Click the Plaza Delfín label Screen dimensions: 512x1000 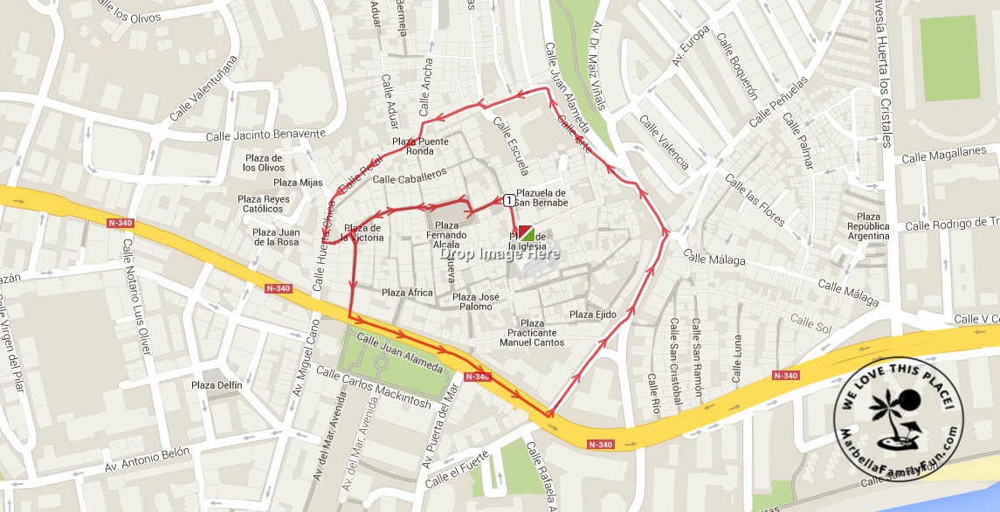coord(217,384)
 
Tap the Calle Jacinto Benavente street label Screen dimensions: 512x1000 coord(266,135)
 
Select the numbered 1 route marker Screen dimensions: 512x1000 coord(507,200)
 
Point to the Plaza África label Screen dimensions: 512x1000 coord(407,293)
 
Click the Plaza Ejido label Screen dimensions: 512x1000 coord(593,315)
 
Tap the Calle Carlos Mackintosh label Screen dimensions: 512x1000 coord(374,388)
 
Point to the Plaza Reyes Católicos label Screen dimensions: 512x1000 coord(264,204)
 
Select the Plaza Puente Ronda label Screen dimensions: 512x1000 coord(420,146)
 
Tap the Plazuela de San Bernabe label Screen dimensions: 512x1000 coord(541,197)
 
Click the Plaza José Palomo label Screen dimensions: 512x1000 coord(472,301)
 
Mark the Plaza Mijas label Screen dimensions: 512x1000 coord(298,183)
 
